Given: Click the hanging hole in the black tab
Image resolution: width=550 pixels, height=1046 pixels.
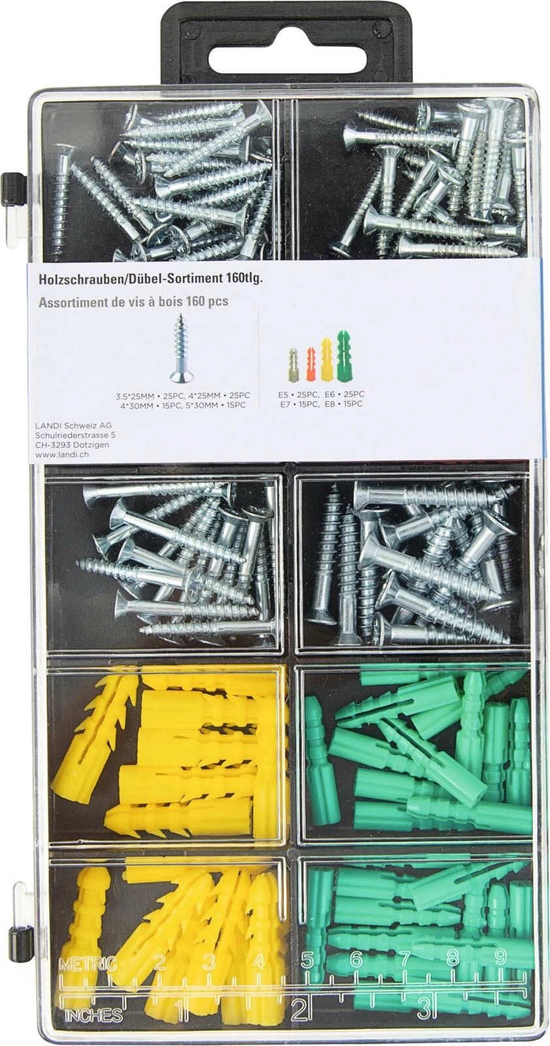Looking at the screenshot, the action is [275, 46].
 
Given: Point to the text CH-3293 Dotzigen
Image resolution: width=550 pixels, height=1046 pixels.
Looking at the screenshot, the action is [73, 445].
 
